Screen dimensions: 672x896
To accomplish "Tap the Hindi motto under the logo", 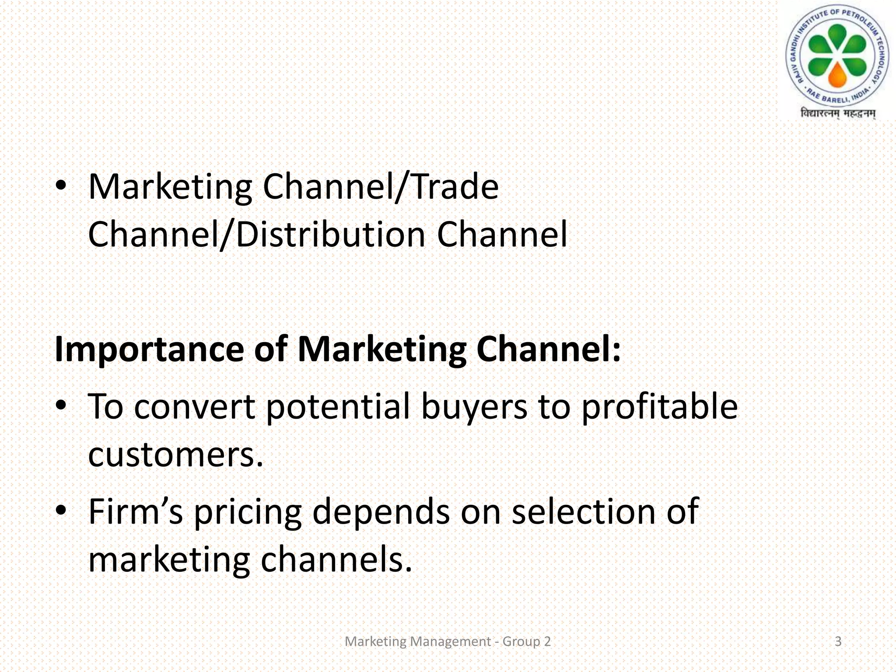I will tap(838, 114).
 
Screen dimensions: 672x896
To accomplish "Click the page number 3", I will tap(838, 641).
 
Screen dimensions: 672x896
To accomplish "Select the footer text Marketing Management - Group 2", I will tap(448, 641).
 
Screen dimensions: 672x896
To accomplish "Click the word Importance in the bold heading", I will tap(149, 350).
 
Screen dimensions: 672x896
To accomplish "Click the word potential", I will tap(338, 407).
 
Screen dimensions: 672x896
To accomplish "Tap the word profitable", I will tap(660, 407).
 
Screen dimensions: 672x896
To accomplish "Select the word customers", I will tap(175, 454).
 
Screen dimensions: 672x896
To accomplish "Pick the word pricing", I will tap(248, 513).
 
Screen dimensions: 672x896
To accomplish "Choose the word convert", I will tap(194, 407).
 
